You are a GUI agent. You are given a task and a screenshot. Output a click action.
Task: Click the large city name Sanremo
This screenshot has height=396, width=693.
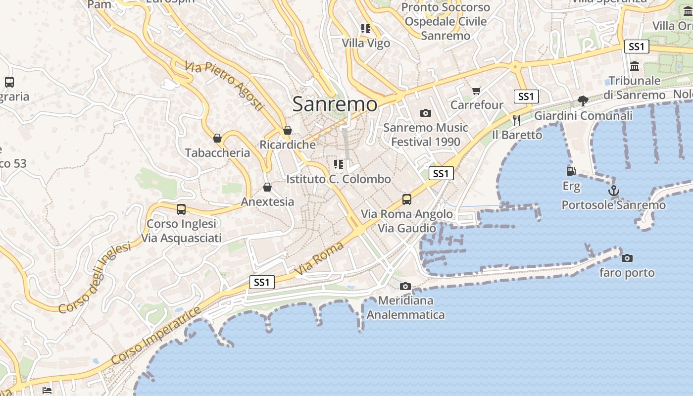[335, 104]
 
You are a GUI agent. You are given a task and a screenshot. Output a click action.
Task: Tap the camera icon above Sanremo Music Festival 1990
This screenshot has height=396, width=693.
[425, 113]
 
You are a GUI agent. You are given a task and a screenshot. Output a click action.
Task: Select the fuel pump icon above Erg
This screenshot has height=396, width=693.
[571, 171]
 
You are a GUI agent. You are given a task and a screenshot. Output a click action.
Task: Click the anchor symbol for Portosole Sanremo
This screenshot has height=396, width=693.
[614, 190]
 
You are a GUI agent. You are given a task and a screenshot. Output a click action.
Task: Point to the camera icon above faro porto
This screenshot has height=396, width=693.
[627, 258]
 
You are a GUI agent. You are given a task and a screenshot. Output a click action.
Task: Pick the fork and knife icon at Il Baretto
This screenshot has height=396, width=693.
[517, 120]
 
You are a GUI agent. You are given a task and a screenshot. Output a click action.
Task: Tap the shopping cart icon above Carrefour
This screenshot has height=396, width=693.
[477, 91]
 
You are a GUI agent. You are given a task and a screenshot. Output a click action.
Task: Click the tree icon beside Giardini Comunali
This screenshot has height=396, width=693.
[583, 101]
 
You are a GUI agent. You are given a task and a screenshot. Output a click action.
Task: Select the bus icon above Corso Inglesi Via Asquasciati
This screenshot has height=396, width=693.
[181, 209]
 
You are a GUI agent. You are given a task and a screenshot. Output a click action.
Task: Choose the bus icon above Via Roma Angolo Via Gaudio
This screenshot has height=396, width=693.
[407, 199]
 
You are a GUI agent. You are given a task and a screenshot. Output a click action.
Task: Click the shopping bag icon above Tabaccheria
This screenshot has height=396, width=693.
[217, 138]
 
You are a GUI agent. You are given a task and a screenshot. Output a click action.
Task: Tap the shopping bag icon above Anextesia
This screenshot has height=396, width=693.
[267, 187]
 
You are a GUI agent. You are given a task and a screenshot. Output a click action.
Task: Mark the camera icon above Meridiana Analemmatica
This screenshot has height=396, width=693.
[405, 286]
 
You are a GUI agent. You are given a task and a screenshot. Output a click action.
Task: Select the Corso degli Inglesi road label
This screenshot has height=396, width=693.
[95, 277]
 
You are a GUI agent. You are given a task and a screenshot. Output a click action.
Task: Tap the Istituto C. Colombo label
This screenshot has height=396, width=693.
[339, 179]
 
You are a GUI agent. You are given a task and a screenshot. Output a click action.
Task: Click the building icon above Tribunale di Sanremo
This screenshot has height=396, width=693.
[635, 66]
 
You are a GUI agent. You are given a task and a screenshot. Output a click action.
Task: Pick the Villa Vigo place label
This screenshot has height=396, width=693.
[366, 43]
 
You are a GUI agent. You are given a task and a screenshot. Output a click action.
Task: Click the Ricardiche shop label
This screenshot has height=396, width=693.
[288, 145]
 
